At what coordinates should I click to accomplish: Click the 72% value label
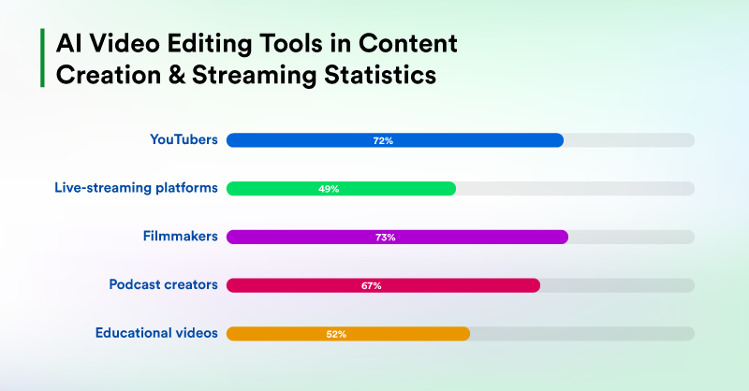[383, 140]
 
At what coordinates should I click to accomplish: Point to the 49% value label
[329, 188]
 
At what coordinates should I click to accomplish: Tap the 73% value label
[385, 237]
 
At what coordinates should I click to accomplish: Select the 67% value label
[371, 285]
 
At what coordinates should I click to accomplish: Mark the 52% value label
[336, 334]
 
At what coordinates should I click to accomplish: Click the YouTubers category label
[184, 139]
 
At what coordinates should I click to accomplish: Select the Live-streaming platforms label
[136, 187]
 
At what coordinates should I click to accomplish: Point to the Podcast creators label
[163, 284]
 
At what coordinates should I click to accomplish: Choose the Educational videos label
[157, 333]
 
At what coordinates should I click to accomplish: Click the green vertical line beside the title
[42, 58]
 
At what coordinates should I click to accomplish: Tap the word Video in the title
[117, 43]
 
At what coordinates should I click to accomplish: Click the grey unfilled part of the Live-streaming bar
[575, 188]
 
